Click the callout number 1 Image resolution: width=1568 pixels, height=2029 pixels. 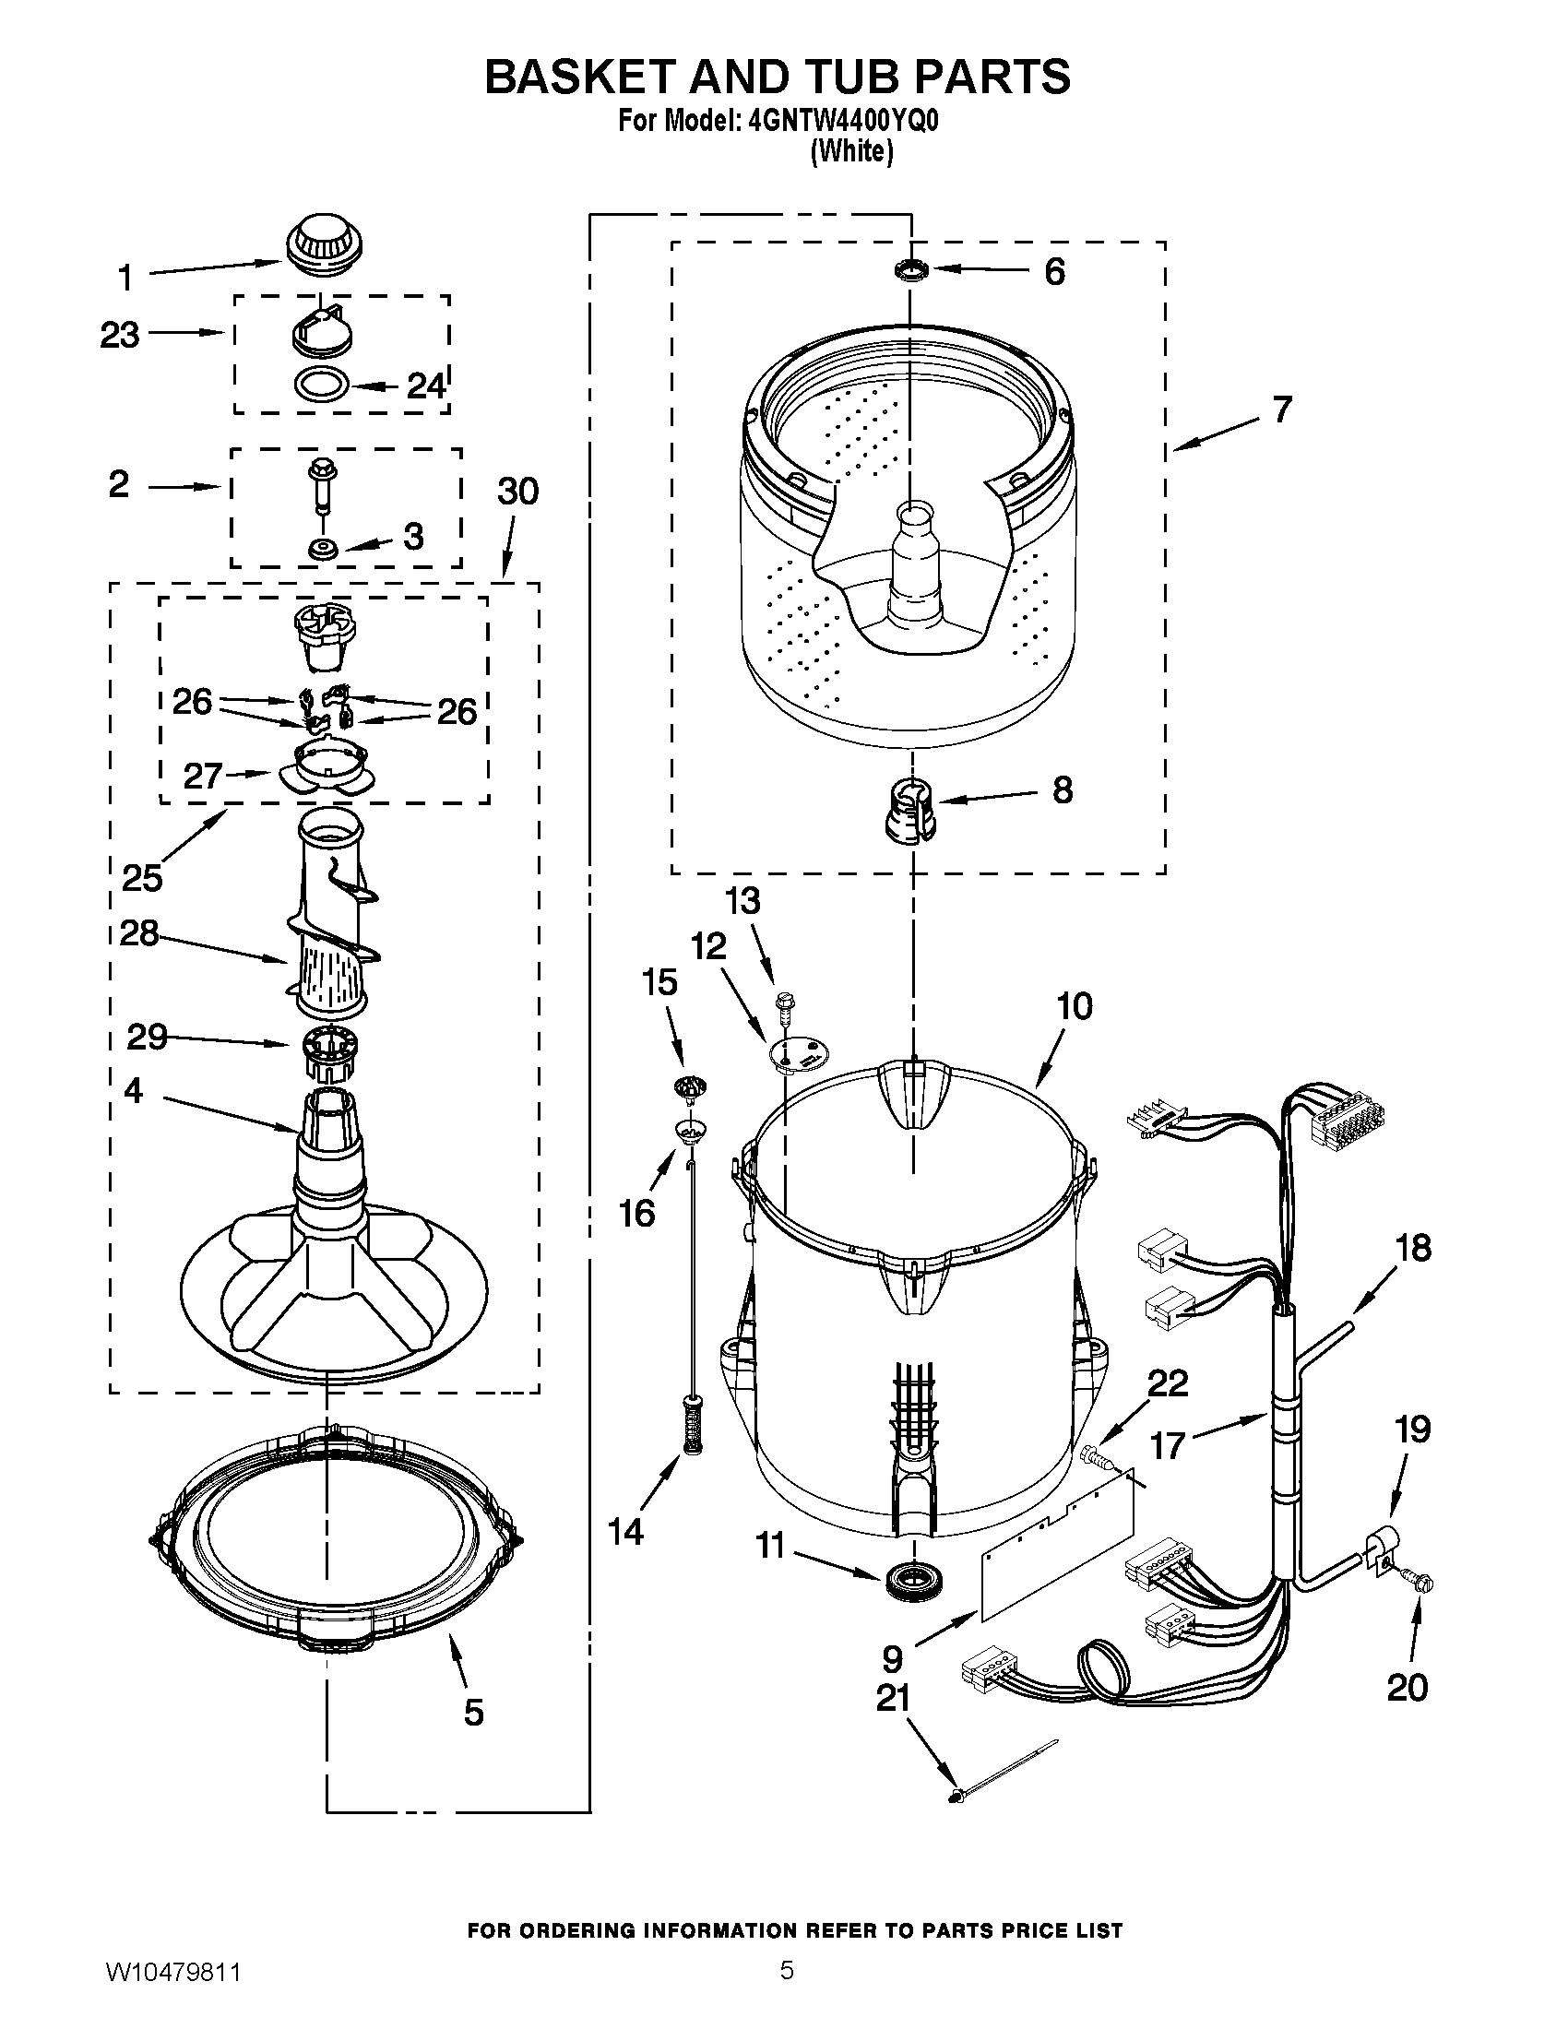125,278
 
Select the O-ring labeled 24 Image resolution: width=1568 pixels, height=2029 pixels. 321,382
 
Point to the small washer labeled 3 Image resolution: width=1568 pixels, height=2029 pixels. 322,548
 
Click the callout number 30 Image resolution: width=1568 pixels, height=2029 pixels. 517,492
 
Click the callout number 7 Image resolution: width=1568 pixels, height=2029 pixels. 1282,409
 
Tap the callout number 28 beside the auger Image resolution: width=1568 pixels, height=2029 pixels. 139,933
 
